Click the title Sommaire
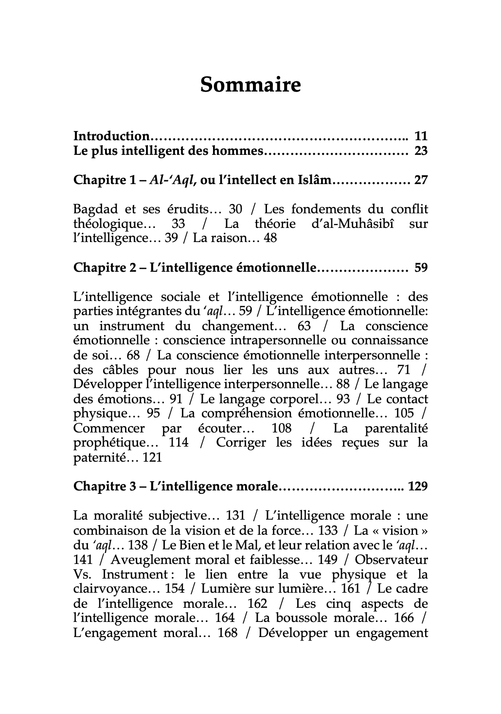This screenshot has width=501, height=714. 250,85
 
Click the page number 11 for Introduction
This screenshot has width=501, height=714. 421,136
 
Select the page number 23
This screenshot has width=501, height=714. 421,151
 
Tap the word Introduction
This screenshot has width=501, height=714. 111,136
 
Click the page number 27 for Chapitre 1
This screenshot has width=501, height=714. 421,180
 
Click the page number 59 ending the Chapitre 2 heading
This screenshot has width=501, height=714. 421,268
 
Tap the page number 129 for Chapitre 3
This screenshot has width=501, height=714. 418,487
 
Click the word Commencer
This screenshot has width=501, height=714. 109,429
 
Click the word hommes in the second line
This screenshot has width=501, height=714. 237,151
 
